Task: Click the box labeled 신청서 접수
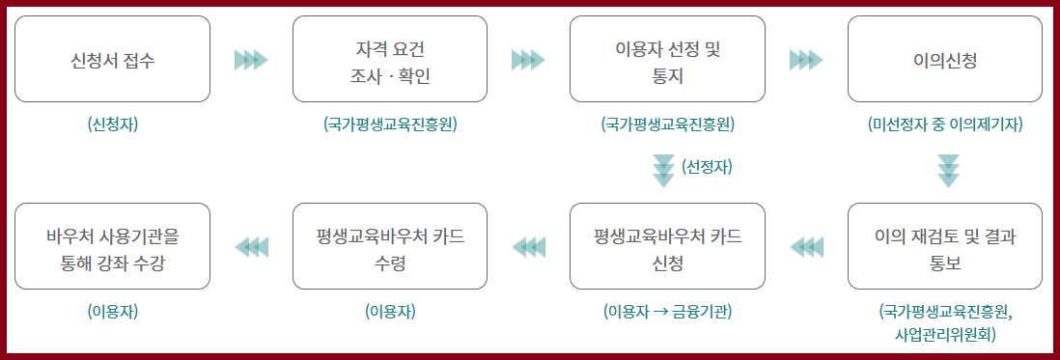pyautogui.click(x=113, y=60)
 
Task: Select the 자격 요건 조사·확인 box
pyautogui.click(x=390, y=60)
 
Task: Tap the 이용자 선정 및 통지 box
pyautogui.click(x=667, y=60)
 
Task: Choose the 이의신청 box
pyautogui.click(x=945, y=60)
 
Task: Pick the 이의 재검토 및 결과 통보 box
pyautogui.click(x=945, y=247)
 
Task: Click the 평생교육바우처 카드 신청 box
pyautogui.click(x=667, y=247)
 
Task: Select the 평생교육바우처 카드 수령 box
pyautogui.click(x=390, y=247)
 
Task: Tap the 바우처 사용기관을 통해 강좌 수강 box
pyautogui.click(x=113, y=247)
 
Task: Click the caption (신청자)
pyautogui.click(x=113, y=125)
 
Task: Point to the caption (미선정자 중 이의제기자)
pyautogui.click(x=945, y=125)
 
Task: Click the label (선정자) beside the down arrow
pyautogui.click(x=708, y=167)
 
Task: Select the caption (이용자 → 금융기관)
pyautogui.click(x=667, y=311)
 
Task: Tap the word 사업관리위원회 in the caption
pyautogui.click(x=945, y=334)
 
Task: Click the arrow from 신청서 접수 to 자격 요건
pyautogui.click(x=251, y=60)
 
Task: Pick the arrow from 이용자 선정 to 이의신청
pyautogui.click(x=806, y=60)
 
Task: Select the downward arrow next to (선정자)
pyautogui.click(x=663, y=169)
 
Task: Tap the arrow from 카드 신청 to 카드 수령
pyautogui.click(x=528, y=247)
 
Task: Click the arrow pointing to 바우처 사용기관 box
pyautogui.click(x=251, y=247)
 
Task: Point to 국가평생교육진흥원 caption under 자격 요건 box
pyautogui.click(x=390, y=125)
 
